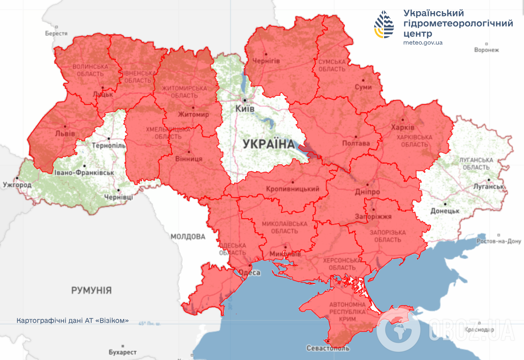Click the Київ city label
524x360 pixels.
(245, 109)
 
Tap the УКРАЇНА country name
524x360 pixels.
(268, 144)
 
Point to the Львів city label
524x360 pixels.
(65, 133)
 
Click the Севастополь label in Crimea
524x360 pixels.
(328, 348)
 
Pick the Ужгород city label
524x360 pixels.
(17, 185)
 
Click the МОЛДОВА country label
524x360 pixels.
(188, 237)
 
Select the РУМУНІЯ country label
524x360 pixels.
(92, 290)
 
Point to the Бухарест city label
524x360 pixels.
(123, 352)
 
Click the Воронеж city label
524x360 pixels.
(486, 50)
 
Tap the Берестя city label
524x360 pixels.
(56, 33)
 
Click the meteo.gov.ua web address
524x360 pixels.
(423, 43)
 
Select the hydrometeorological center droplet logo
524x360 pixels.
(385, 25)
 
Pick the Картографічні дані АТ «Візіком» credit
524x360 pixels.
(73, 321)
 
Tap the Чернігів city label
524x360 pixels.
(266, 61)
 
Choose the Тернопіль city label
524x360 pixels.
(109, 146)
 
